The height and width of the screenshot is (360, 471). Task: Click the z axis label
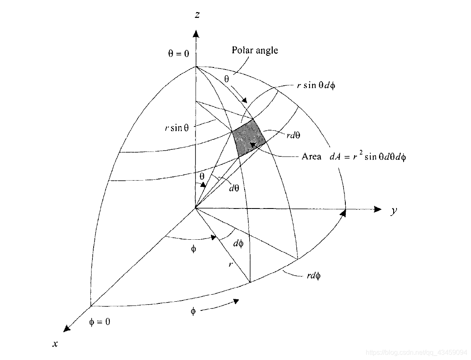coord(197,15)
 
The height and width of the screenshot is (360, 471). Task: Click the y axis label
coord(393,211)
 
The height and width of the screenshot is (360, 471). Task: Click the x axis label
coord(55,344)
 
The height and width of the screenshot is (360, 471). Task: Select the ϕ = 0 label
coord(100,322)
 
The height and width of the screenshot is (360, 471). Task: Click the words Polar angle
coord(255,51)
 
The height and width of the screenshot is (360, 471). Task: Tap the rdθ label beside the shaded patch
coord(293,135)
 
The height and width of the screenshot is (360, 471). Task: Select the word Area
coord(311,157)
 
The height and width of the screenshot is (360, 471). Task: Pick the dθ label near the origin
coord(234,188)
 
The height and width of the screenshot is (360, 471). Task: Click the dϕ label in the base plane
coord(238,243)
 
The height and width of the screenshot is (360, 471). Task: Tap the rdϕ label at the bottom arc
coord(313,276)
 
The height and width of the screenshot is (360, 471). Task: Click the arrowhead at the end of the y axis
coord(377,209)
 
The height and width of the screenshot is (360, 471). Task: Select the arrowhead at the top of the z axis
coord(196,33)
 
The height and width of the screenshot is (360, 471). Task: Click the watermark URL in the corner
coord(416,353)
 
